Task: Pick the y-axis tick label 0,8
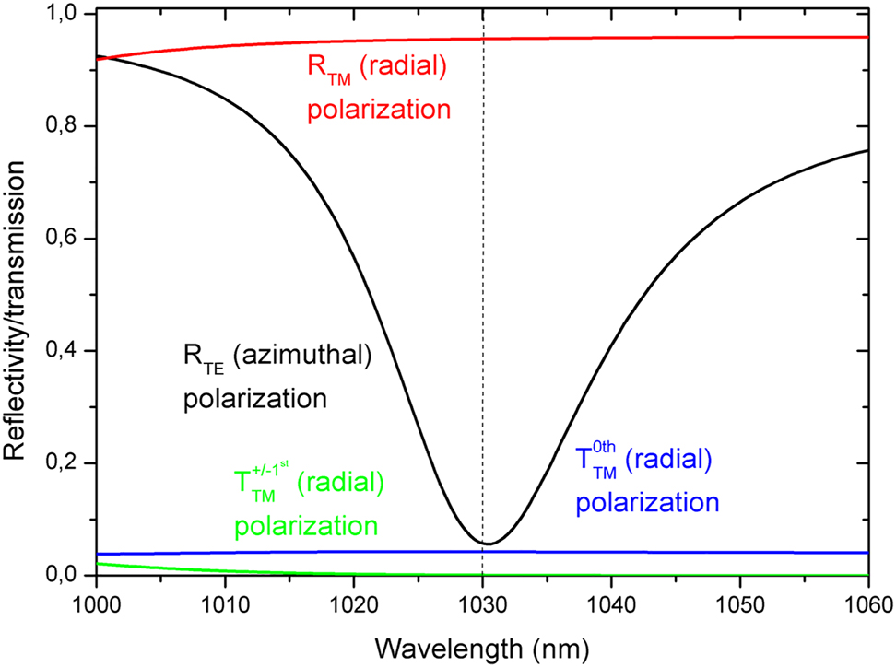pyautogui.click(x=62, y=126)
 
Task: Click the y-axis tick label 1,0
pyautogui.click(x=62, y=14)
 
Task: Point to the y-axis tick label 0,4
pyautogui.click(x=62, y=351)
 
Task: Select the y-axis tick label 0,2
pyautogui.click(x=62, y=462)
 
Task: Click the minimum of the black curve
pyautogui.click(x=489, y=544)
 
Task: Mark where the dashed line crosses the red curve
pyautogui.click(x=483, y=39)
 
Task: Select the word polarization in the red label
pyautogui.click(x=379, y=111)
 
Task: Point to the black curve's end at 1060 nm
pyautogui.click(x=867, y=150)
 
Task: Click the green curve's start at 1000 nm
pyautogui.click(x=97, y=563)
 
